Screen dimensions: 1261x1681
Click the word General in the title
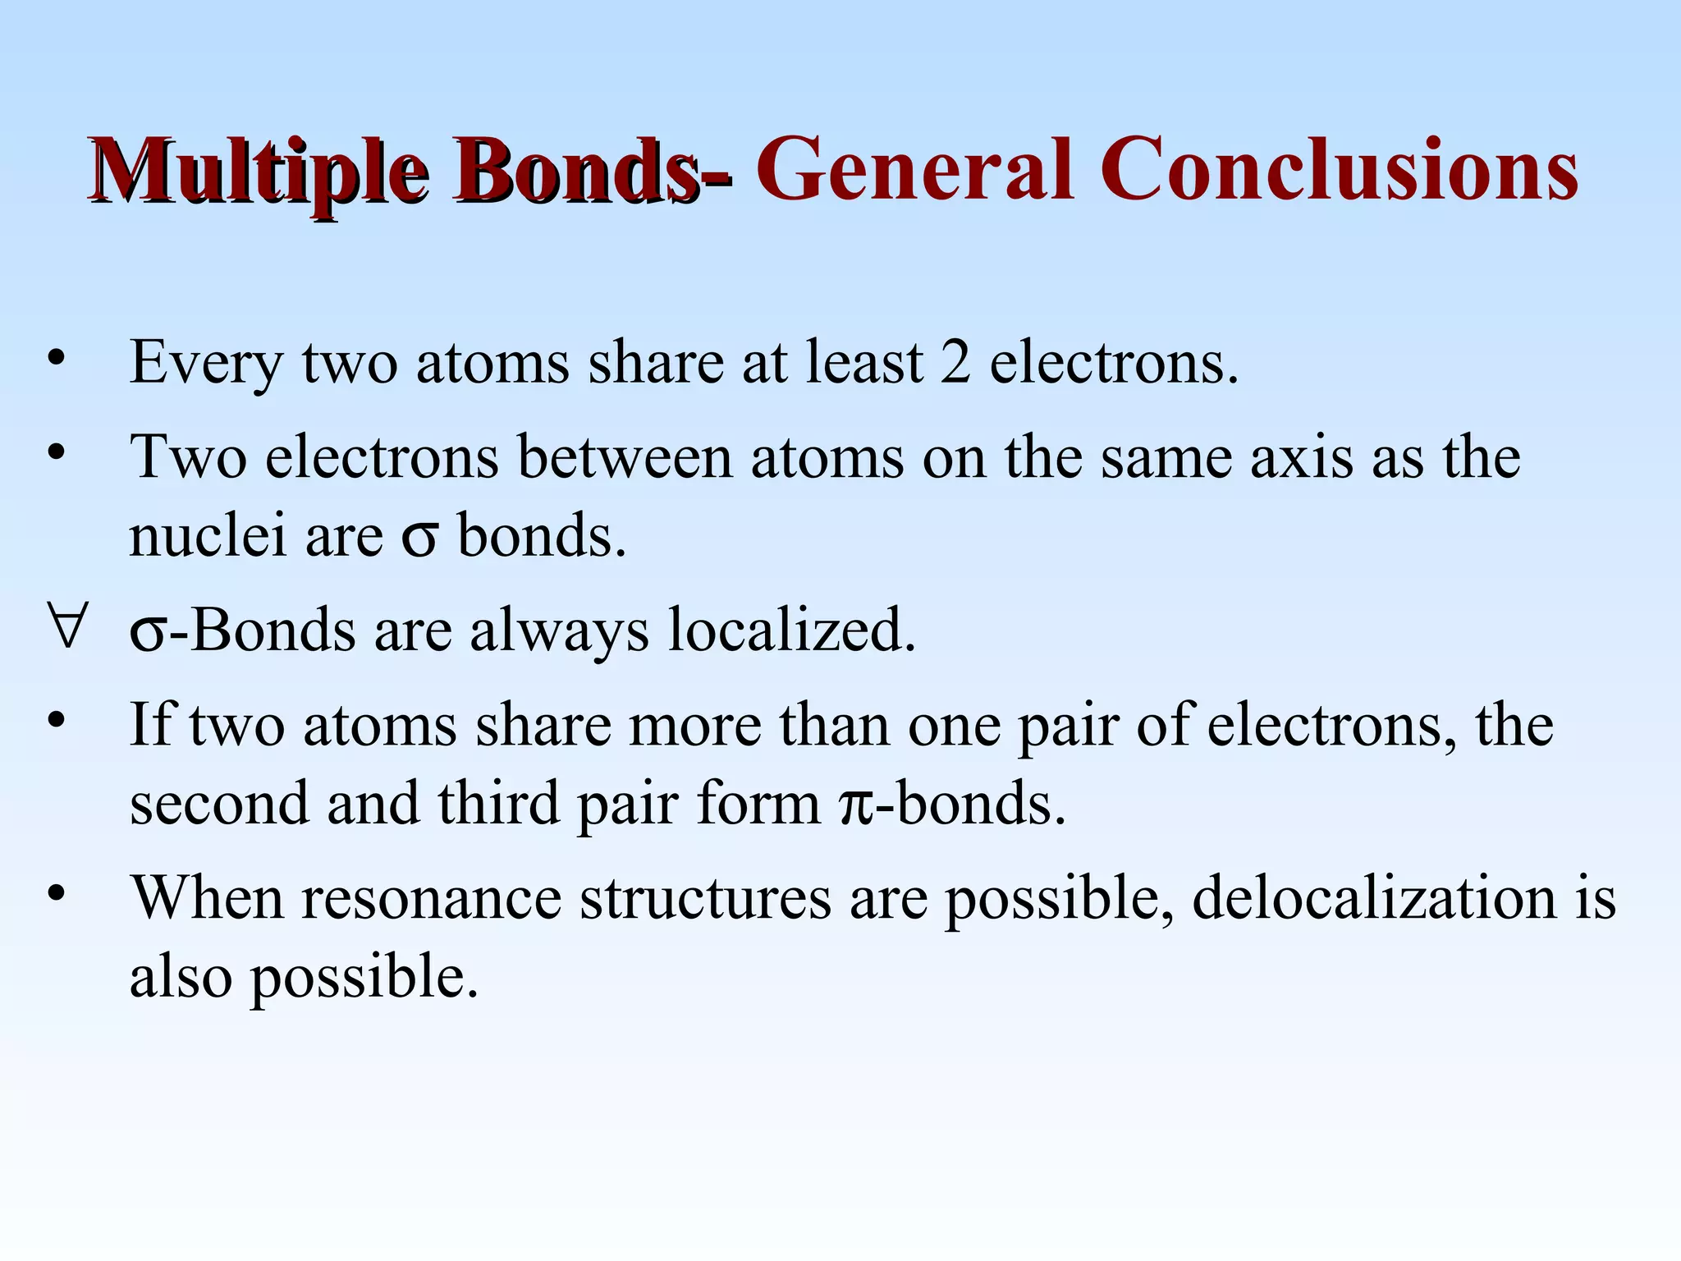(x=914, y=171)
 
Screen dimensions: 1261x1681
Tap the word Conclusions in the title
(x=1338, y=171)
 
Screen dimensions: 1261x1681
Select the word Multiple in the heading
(x=259, y=171)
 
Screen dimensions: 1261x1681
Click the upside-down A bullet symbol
(x=65, y=630)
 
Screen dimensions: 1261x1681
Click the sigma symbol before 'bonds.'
(x=419, y=539)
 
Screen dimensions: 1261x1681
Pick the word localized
(x=791, y=630)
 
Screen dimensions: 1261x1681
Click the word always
(x=559, y=630)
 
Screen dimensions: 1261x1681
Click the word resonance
(x=432, y=898)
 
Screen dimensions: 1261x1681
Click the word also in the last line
(x=181, y=976)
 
